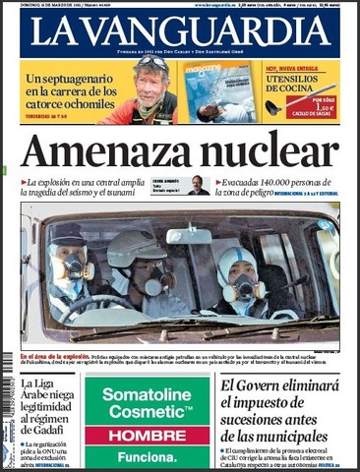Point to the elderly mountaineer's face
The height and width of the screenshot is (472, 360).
(x=152, y=83)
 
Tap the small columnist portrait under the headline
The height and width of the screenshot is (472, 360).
(x=198, y=185)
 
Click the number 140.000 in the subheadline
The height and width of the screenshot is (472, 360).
(x=270, y=182)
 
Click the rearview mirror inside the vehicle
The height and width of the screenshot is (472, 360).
(x=189, y=236)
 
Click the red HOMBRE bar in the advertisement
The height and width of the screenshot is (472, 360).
(x=147, y=434)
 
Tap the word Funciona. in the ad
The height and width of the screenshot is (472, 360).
(x=147, y=456)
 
